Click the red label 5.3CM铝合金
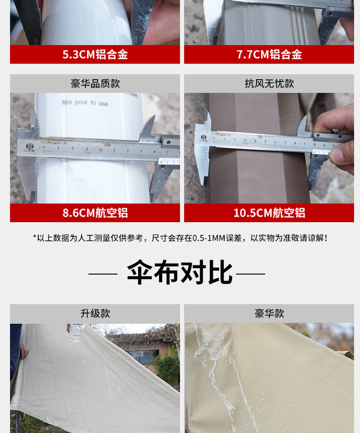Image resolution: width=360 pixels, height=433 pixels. coord(95,55)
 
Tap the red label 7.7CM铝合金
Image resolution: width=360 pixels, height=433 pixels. coord(269,55)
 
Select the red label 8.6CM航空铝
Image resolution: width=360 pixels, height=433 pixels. coord(95,213)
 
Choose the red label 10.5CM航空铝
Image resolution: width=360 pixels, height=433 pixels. coord(269,213)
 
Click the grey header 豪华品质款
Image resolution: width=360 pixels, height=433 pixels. coord(95,84)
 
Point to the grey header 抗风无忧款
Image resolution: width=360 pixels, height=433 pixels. coord(269,84)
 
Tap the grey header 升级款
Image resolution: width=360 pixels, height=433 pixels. coord(95,314)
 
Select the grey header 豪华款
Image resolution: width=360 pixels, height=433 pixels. coord(269,314)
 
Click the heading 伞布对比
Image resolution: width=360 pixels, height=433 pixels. coord(180,273)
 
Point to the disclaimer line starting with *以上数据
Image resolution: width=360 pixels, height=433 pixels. coord(180,238)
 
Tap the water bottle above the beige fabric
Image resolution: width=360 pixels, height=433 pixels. coord(76,332)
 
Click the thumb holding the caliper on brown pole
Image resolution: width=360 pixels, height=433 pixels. coord(339,153)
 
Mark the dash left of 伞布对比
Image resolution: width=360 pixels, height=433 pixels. coord(103,274)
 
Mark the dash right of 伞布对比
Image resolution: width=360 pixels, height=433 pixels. coord(251,274)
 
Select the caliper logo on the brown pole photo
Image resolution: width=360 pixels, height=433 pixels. coord(203,137)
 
